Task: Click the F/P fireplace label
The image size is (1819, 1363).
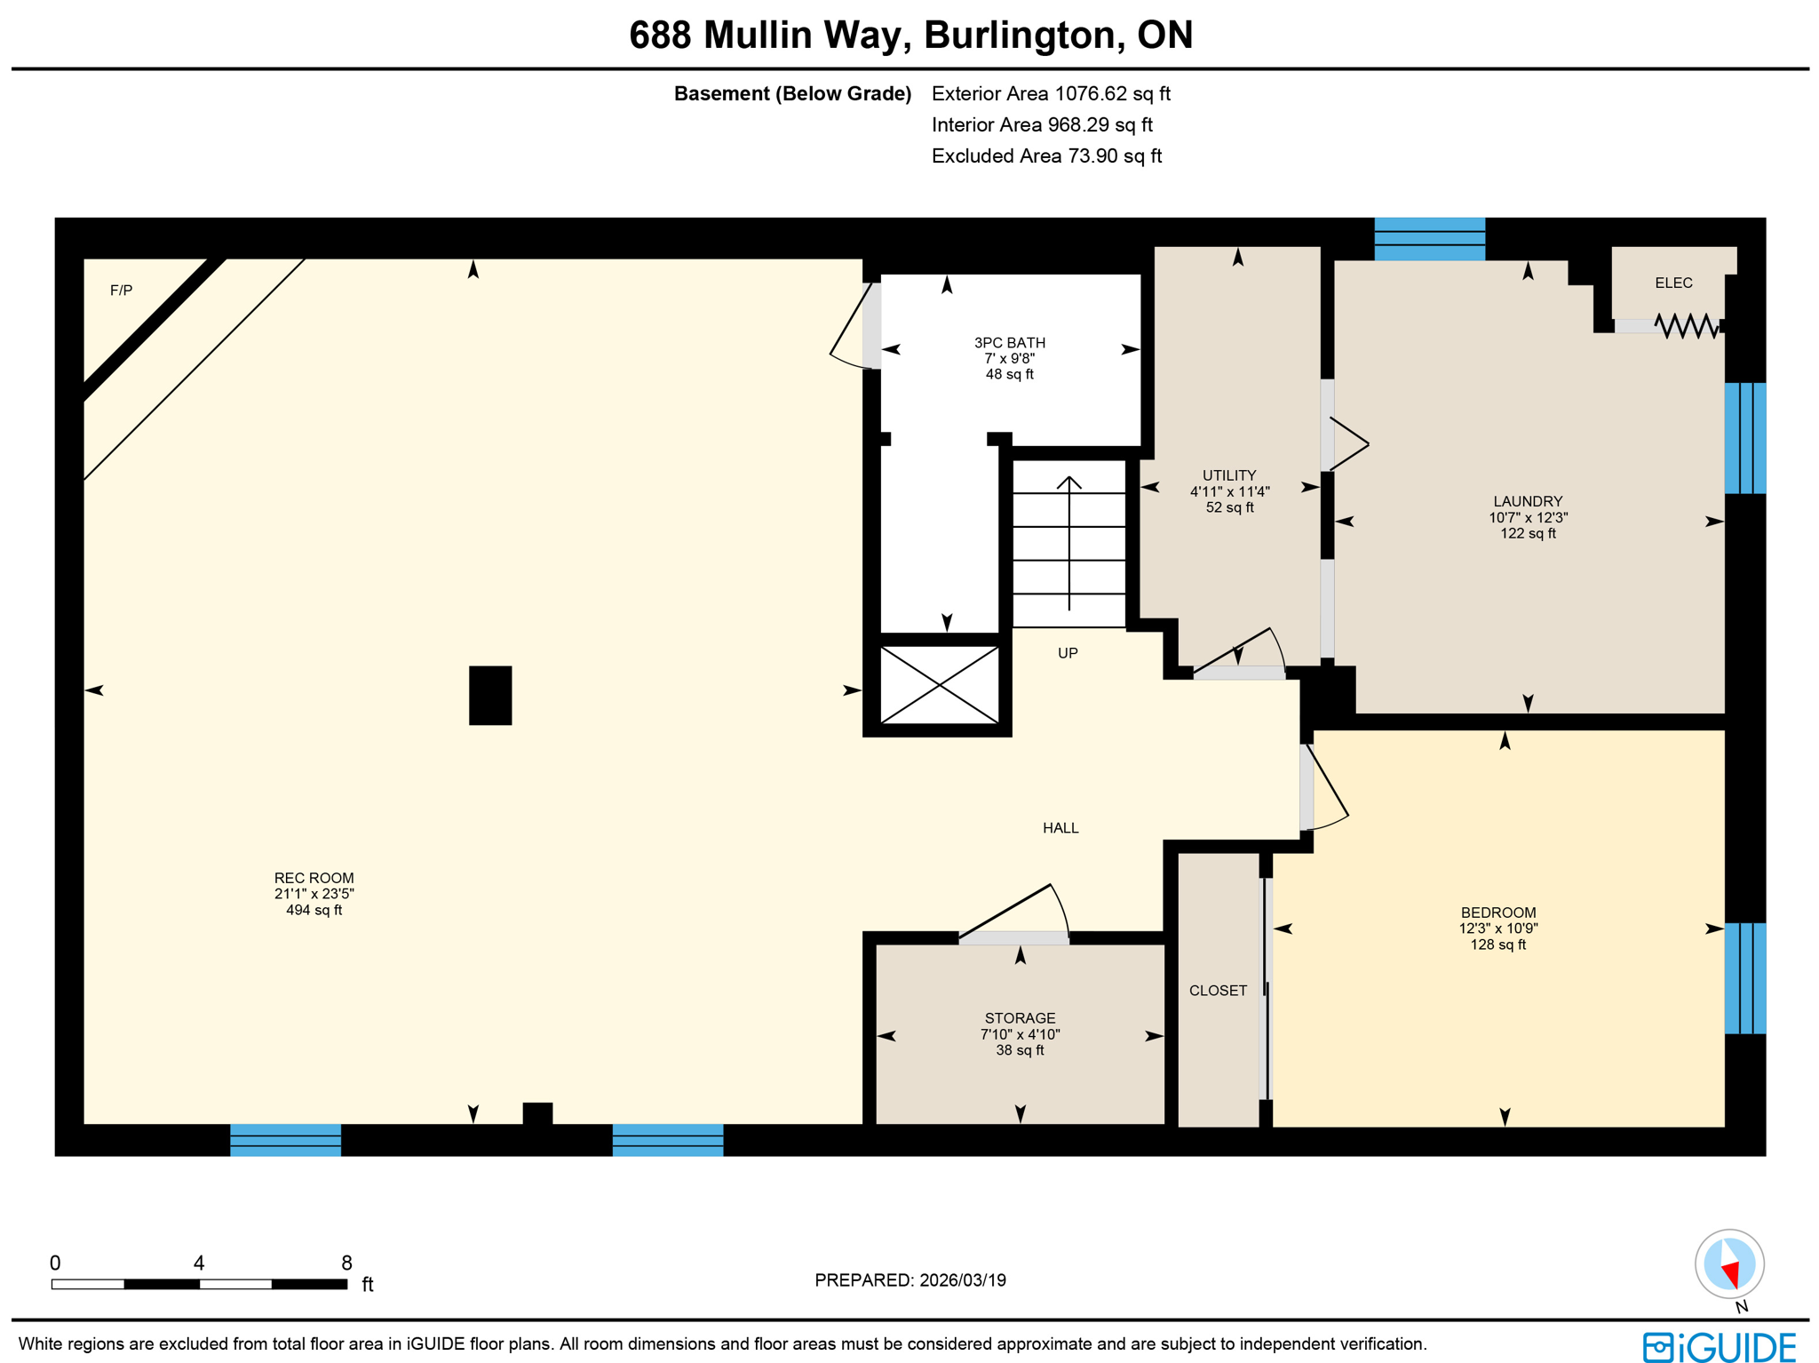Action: click(x=121, y=291)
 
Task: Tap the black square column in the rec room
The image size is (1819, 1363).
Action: click(x=489, y=695)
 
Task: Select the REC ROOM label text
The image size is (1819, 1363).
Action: click(x=314, y=878)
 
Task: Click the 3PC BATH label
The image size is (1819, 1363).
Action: click(x=1009, y=343)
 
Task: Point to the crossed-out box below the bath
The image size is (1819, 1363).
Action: click(x=939, y=684)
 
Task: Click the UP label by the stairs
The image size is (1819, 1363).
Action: click(x=1067, y=653)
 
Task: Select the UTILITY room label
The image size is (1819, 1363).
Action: click(x=1228, y=475)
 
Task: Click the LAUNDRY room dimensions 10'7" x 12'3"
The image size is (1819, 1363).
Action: click(x=1527, y=517)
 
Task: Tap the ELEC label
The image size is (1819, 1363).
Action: click(x=1672, y=283)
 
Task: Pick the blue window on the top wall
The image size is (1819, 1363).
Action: click(x=1428, y=238)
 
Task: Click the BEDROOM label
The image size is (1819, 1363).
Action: click(x=1497, y=913)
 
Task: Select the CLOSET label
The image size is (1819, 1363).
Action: click(x=1217, y=991)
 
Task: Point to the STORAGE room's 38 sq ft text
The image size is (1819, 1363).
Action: click(x=1019, y=1050)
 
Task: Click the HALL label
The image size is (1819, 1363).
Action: click(x=1060, y=828)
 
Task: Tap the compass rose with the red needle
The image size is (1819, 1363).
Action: click(x=1728, y=1263)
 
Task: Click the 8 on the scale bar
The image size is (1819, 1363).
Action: click(x=346, y=1263)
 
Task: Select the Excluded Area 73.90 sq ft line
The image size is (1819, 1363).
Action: click(x=1045, y=156)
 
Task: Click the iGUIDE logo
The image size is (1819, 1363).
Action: click(x=1718, y=1346)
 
